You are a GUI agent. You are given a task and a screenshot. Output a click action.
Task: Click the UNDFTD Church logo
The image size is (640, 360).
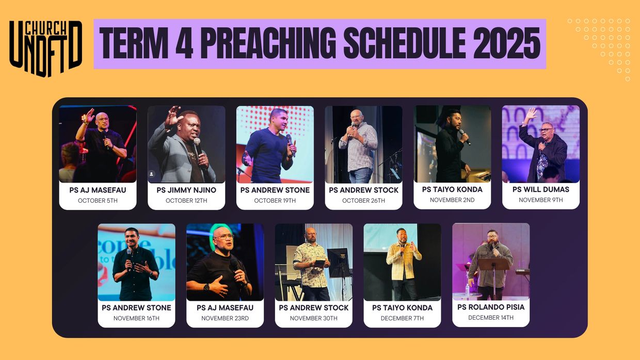(x=46, y=48)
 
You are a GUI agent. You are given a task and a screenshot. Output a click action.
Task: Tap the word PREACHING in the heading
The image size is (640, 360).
(x=268, y=43)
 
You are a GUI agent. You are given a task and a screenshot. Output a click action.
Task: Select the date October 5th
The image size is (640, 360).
(x=98, y=201)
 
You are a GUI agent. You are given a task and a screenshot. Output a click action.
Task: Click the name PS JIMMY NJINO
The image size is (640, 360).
(x=186, y=190)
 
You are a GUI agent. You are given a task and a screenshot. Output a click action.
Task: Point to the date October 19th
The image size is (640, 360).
(x=275, y=201)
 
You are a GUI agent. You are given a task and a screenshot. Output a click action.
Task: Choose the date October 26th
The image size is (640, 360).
(x=363, y=201)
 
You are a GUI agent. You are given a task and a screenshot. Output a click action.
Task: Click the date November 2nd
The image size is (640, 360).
(x=452, y=200)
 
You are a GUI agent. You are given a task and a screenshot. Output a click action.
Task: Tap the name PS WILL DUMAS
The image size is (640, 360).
(x=541, y=190)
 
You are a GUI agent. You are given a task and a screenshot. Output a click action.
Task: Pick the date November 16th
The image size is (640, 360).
(x=136, y=318)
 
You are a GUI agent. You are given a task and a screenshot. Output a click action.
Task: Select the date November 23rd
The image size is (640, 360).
(x=225, y=318)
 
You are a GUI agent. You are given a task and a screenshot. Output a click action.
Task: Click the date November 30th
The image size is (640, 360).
(x=313, y=318)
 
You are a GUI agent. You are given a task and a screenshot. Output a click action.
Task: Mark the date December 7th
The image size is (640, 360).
(x=402, y=318)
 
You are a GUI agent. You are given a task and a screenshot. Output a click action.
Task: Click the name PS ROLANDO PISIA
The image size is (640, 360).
(x=491, y=307)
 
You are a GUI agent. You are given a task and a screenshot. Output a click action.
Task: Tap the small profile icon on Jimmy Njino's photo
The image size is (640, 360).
(x=152, y=174)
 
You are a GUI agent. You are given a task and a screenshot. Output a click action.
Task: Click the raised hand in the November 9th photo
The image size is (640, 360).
(x=531, y=114)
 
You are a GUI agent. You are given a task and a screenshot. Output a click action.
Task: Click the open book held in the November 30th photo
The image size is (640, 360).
(x=319, y=262)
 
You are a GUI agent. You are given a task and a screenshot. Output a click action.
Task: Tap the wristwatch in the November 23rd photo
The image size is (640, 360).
(x=206, y=287)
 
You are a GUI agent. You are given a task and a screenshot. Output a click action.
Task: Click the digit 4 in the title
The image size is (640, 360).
(x=184, y=43)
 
